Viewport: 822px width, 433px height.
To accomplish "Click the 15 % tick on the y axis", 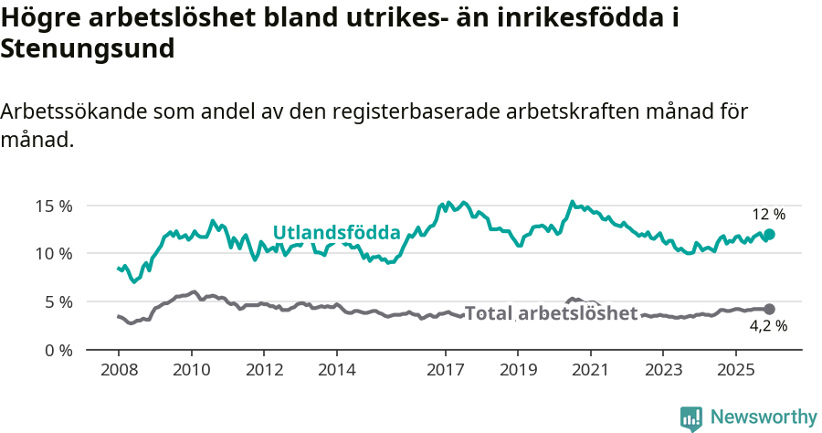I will [x=54, y=206].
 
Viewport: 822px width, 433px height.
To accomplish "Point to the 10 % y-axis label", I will [x=54, y=253].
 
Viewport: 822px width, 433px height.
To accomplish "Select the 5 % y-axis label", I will [x=58, y=301].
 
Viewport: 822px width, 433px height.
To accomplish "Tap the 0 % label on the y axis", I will [x=58, y=350].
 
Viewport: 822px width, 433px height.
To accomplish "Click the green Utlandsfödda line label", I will [x=337, y=232].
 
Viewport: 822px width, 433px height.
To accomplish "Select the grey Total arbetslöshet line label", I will [x=551, y=313].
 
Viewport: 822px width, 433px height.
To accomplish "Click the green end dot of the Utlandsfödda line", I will [x=769, y=235].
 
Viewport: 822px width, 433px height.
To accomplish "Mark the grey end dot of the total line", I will [x=769, y=310].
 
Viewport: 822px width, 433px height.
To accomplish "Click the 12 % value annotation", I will [x=768, y=215].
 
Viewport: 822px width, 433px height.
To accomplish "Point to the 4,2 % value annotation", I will [x=768, y=326].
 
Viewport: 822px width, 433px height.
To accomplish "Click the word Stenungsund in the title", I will [x=88, y=49].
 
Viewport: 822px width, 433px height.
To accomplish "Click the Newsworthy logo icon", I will [x=691, y=417].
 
